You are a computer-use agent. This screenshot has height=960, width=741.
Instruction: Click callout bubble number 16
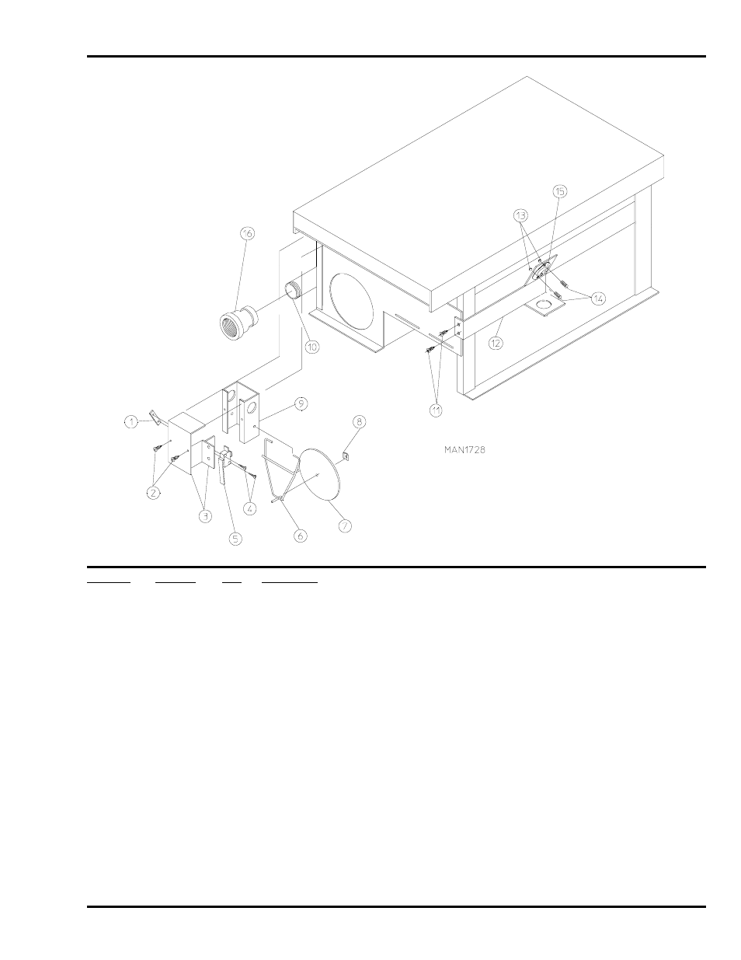(x=247, y=233)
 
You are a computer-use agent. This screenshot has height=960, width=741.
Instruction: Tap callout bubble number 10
(x=311, y=347)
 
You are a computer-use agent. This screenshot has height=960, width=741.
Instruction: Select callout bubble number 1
(x=132, y=421)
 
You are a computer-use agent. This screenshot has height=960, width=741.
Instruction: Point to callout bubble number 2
(x=154, y=493)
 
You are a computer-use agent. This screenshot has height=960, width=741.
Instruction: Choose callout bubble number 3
(x=206, y=515)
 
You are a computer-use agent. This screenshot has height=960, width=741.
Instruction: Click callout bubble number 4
(x=250, y=509)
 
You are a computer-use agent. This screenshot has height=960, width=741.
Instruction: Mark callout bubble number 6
(x=300, y=536)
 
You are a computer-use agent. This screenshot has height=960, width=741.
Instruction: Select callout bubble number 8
(x=359, y=421)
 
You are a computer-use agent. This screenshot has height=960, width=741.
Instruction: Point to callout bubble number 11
(x=436, y=408)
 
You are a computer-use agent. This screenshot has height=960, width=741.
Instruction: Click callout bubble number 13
(x=520, y=214)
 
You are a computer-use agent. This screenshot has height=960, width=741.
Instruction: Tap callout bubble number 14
(x=598, y=298)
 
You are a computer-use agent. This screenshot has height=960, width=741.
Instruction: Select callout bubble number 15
(x=560, y=190)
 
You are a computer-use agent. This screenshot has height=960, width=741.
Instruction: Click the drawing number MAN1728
(x=465, y=449)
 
